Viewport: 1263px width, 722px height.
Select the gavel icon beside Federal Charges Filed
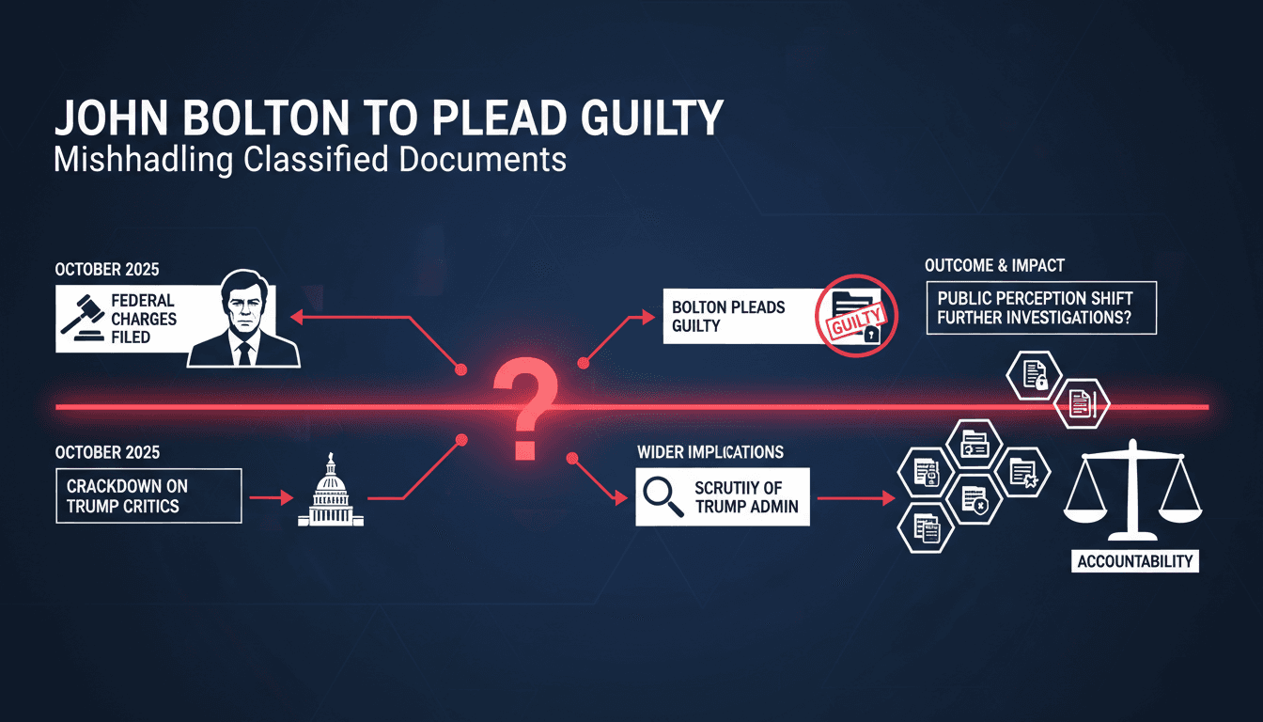(83, 318)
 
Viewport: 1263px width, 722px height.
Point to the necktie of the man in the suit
(244, 353)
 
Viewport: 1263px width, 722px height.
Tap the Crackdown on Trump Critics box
(148, 495)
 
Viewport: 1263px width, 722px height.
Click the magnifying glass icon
(663, 495)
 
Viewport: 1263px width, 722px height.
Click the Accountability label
(1135, 561)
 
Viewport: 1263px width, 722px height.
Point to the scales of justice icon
(1132, 490)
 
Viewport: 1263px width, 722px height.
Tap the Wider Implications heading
(710, 452)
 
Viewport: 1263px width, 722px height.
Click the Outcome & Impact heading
(994, 265)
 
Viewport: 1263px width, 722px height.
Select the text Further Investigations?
(1034, 318)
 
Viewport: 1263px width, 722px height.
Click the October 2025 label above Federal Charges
(107, 269)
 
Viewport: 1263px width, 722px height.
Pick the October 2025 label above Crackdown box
(107, 452)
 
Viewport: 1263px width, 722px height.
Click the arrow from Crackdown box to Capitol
(272, 497)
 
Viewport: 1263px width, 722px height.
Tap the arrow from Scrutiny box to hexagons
(856, 498)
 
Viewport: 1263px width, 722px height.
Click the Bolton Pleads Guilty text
(728, 317)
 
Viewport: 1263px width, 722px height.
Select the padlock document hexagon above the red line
(1034, 376)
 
